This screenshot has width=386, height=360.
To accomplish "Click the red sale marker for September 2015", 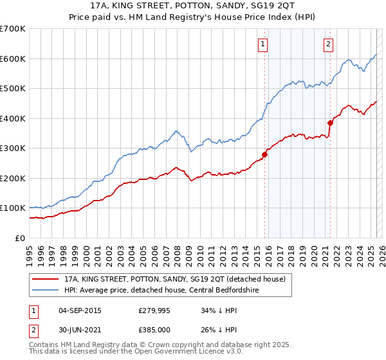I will coord(264,154).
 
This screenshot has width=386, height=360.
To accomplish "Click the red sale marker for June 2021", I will coord(330,123).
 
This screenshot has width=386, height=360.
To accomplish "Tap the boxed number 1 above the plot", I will coord(263,44).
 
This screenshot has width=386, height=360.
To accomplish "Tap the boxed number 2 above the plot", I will coord(328,44).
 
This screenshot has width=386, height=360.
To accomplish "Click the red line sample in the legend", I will coord(45,278).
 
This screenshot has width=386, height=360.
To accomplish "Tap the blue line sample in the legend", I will coord(45,291).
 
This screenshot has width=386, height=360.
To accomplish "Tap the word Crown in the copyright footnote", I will coord(167,346).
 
